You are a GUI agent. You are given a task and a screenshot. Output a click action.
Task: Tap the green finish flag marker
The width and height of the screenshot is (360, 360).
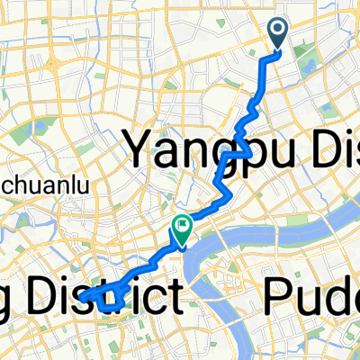[181, 231]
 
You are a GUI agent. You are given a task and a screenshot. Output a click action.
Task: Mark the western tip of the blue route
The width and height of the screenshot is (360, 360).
[82, 294]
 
